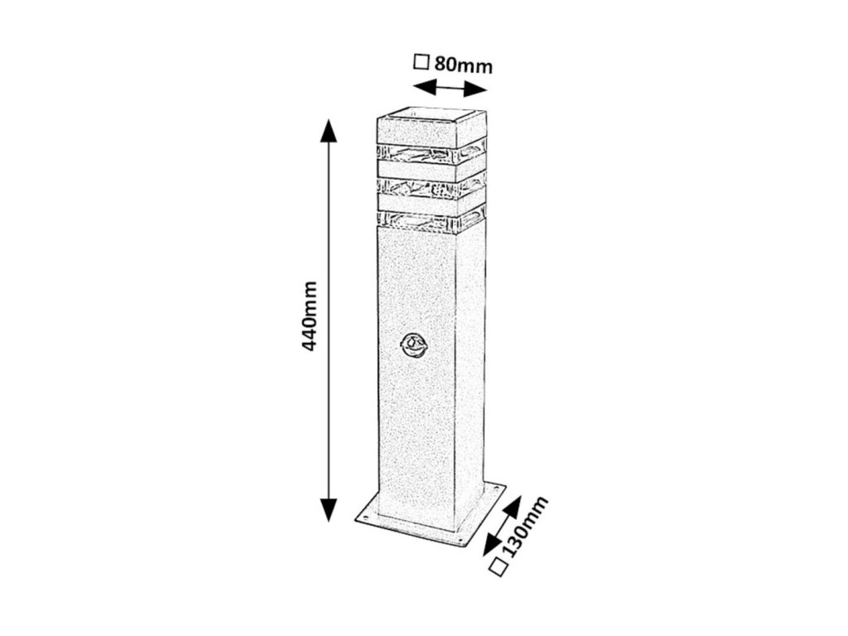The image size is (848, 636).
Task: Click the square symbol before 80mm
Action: pyautogui.click(x=422, y=61)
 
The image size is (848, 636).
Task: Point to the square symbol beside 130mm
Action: pyautogui.click(x=498, y=566)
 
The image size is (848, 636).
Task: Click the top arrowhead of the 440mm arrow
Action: pyautogui.click(x=329, y=132)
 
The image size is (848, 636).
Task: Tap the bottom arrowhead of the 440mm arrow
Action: pyautogui.click(x=329, y=508)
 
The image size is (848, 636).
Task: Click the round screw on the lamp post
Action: pyautogui.click(x=411, y=344)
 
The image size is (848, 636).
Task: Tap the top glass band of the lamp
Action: pyautogui.click(x=431, y=152)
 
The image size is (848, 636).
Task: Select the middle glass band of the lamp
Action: pyautogui.click(x=431, y=186)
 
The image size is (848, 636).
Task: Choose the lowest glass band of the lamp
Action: pyautogui.click(x=431, y=222)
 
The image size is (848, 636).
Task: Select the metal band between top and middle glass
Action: pyautogui.click(x=431, y=170)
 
